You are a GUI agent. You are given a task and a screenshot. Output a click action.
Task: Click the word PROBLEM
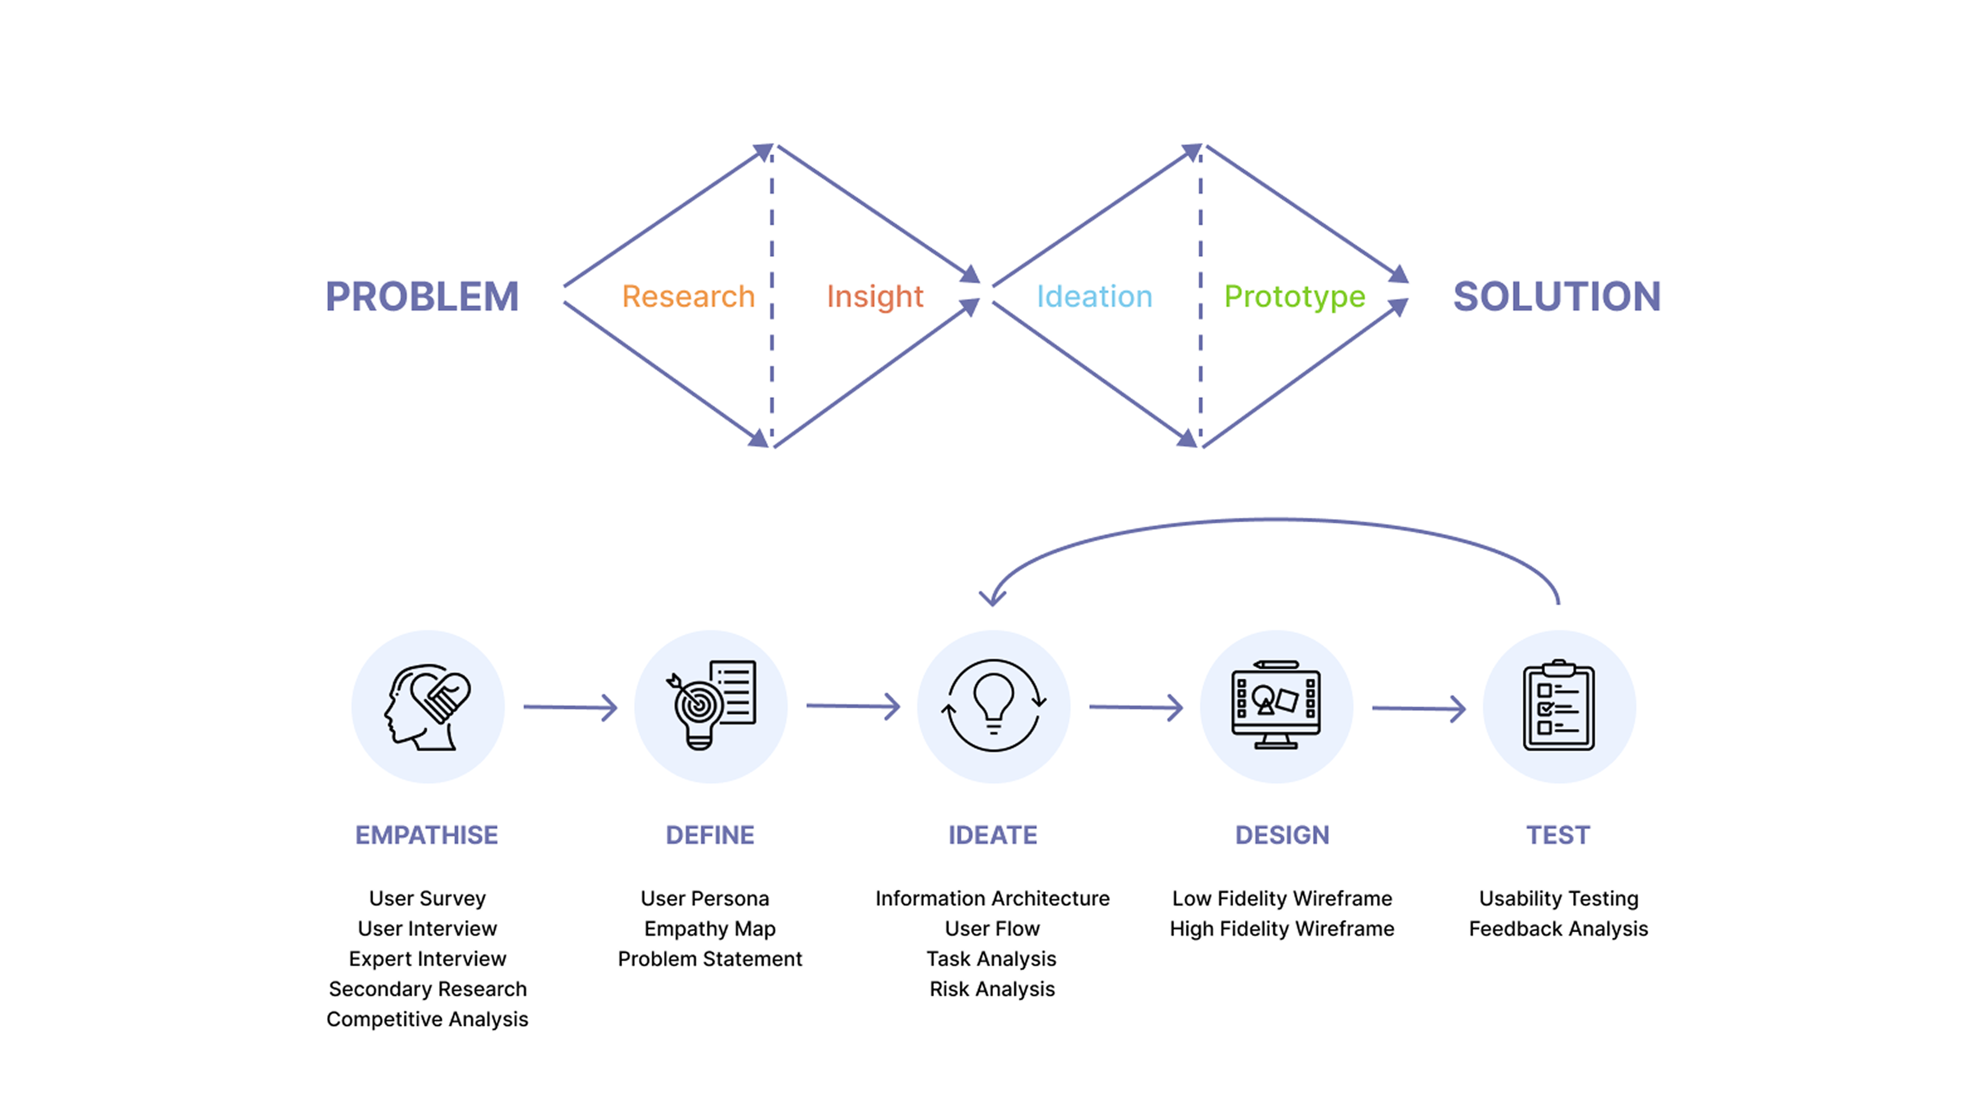pyautogui.click(x=422, y=297)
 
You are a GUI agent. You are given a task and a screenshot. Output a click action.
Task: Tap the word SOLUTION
pyautogui.click(x=1556, y=297)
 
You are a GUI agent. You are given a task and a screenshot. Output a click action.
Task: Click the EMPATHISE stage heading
pyautogui.click(x=427, y=835)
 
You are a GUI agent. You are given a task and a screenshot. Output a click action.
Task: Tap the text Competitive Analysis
pyautogui.click(x=427, y=1019)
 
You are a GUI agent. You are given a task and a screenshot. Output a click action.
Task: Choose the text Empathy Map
pyautogui.click(x=710, y=929)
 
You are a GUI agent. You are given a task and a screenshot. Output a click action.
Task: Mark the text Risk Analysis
pyautogui.click(x=992, y=989)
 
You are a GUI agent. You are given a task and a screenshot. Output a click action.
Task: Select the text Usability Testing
pyautogui.click(x=1558, y=899)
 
